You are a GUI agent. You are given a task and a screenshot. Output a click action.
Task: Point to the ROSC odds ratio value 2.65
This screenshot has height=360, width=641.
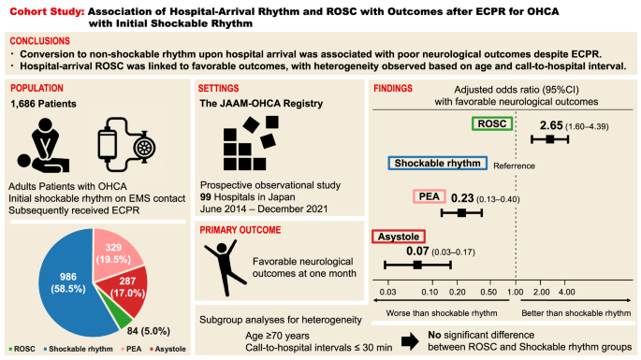(x=551, y=124)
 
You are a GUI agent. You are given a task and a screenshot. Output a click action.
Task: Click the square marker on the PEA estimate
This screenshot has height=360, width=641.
(x=460, y=213)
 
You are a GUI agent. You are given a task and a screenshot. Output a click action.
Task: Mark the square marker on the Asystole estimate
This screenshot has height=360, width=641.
(x=417, y=265)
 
